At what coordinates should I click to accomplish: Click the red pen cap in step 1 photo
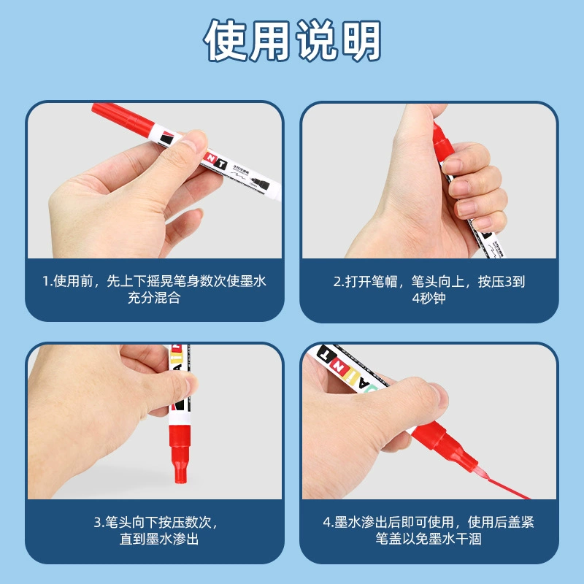(x=123, y=119)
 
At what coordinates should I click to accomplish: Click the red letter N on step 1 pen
(x=211, y=158)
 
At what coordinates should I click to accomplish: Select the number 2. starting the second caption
(x=339, y=282)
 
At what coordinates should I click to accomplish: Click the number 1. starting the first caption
(x=47, y=281)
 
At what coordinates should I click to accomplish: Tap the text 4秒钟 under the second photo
(x=429, y=299)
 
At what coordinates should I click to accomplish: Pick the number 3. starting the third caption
(x=99, y=522)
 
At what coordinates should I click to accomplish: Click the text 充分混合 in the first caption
(x=154, y=298)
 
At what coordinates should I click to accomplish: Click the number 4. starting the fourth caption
(x=328, y=522)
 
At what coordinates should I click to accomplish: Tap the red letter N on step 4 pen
(x=339, y=366)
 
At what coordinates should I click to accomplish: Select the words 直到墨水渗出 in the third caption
(x=159, y=539)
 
